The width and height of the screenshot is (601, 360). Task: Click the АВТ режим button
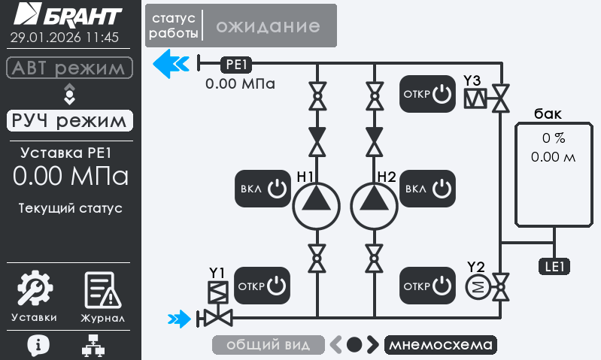pos(70,68)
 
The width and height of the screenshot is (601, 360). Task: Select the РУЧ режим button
pos(70,120)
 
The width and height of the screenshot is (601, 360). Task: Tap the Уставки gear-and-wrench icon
pos(34,289)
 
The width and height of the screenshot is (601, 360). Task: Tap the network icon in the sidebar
pos(93,344)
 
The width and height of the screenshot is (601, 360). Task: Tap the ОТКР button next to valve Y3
pos(427,95)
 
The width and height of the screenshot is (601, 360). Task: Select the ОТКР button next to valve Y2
pos(427,286)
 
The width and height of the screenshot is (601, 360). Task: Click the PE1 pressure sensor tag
pos(237,65)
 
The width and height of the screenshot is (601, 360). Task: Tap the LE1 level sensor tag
pos(555,265)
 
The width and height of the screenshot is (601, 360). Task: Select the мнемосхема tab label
pos(441,345)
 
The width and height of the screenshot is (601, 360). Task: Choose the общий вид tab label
pos(269,345)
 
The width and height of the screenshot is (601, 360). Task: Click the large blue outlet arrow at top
pos(170,64)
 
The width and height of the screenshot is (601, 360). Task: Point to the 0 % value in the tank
pos(553,138)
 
